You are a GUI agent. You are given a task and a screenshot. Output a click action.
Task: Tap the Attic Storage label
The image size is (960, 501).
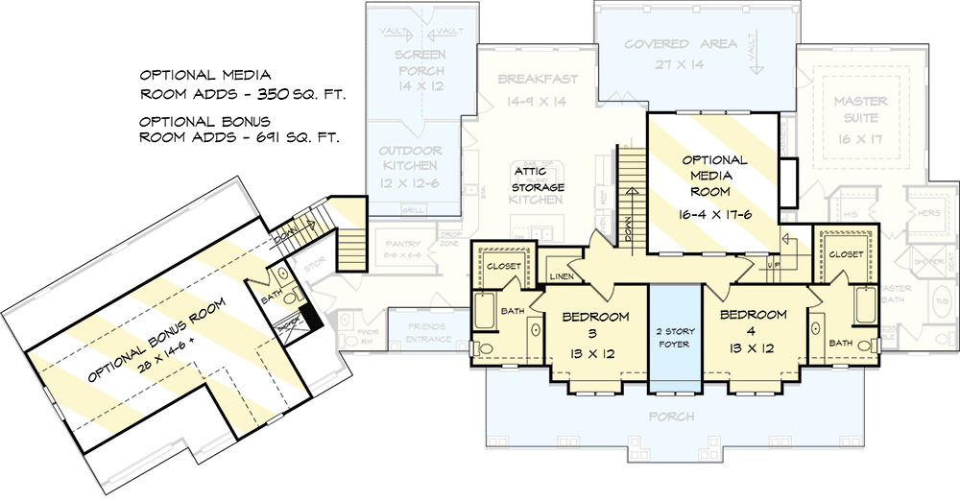point(537,179)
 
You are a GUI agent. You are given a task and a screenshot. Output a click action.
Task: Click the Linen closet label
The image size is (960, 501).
point(562,276)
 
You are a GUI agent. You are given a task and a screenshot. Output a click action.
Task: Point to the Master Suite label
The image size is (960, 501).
point(860,110)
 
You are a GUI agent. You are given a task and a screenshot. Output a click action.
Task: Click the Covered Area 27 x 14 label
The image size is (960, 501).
point(681,54)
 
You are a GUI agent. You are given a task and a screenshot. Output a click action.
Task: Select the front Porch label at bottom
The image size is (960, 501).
point(671,417)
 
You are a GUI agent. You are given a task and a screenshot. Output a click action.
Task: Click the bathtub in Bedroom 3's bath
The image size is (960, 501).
point(483,313)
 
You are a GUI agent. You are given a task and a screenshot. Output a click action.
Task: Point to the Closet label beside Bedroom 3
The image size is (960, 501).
point(504,266)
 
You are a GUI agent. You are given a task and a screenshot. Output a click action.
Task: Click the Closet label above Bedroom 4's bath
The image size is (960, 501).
point(845,254)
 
